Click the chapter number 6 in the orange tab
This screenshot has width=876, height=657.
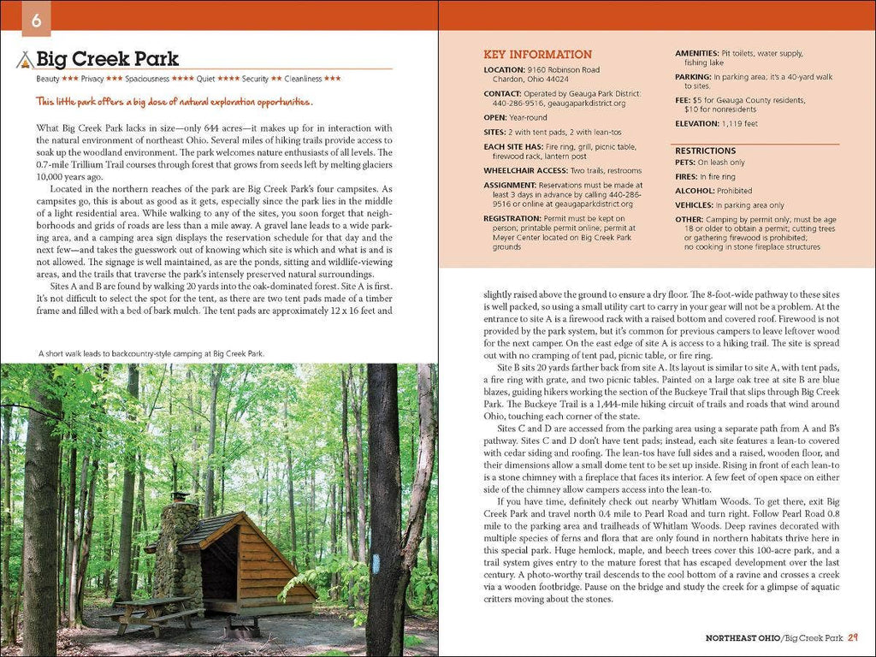(36, 21)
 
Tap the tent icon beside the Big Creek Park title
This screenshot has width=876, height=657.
(25, 60)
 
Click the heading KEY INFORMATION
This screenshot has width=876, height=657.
(537, 54)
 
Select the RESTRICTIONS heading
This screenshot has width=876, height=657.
(706, 151)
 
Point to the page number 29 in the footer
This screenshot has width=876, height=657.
(855, 637)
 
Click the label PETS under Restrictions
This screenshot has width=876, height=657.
(684, 163)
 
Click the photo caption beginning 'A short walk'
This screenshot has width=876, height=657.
(151, 352)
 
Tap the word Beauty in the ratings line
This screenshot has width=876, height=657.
(48, 79)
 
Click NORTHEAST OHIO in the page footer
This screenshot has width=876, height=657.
(742, 637)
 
